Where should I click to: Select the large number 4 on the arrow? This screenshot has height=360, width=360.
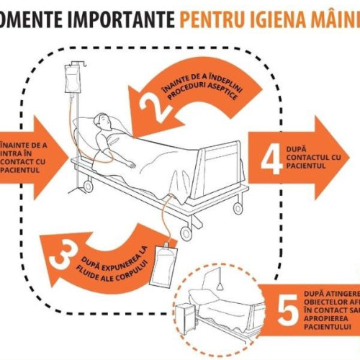pyautogui.click(x=271, y=160)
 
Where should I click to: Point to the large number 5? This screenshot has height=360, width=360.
pyautogui.click(x=288, y=311)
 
